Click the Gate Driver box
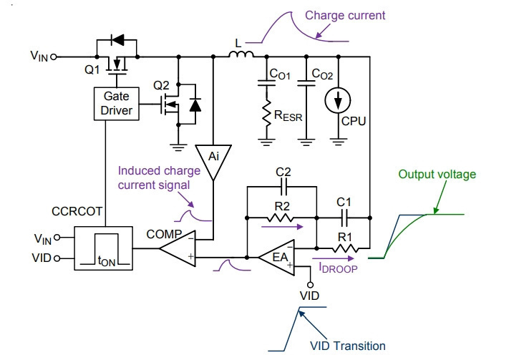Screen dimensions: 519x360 coord(117,104)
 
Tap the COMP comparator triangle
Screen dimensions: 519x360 coord(178,248)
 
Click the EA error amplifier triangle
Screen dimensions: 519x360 coord(277,258)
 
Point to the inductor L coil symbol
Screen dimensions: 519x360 coord(241,54)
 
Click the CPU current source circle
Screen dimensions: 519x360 coord(338,100)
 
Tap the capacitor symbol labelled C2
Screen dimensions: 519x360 coord(283,187)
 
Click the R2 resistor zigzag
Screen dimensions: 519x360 coord(280,218)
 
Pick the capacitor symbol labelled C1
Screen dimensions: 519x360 coord(344,218)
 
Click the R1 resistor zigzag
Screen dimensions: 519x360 coord(344,248)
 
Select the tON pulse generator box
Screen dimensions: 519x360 coord(104,248)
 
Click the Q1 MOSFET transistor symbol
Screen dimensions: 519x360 coord(117,65)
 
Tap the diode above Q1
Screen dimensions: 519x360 coord(117,40)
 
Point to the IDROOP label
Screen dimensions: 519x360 coord(338,268)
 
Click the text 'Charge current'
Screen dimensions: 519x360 coord(345,15)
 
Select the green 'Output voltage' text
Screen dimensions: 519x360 coord(437,175)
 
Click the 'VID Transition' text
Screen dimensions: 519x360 coord(347,346)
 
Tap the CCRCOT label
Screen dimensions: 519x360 coord(77,211)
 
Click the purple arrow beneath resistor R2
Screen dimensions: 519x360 coord(282,227)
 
